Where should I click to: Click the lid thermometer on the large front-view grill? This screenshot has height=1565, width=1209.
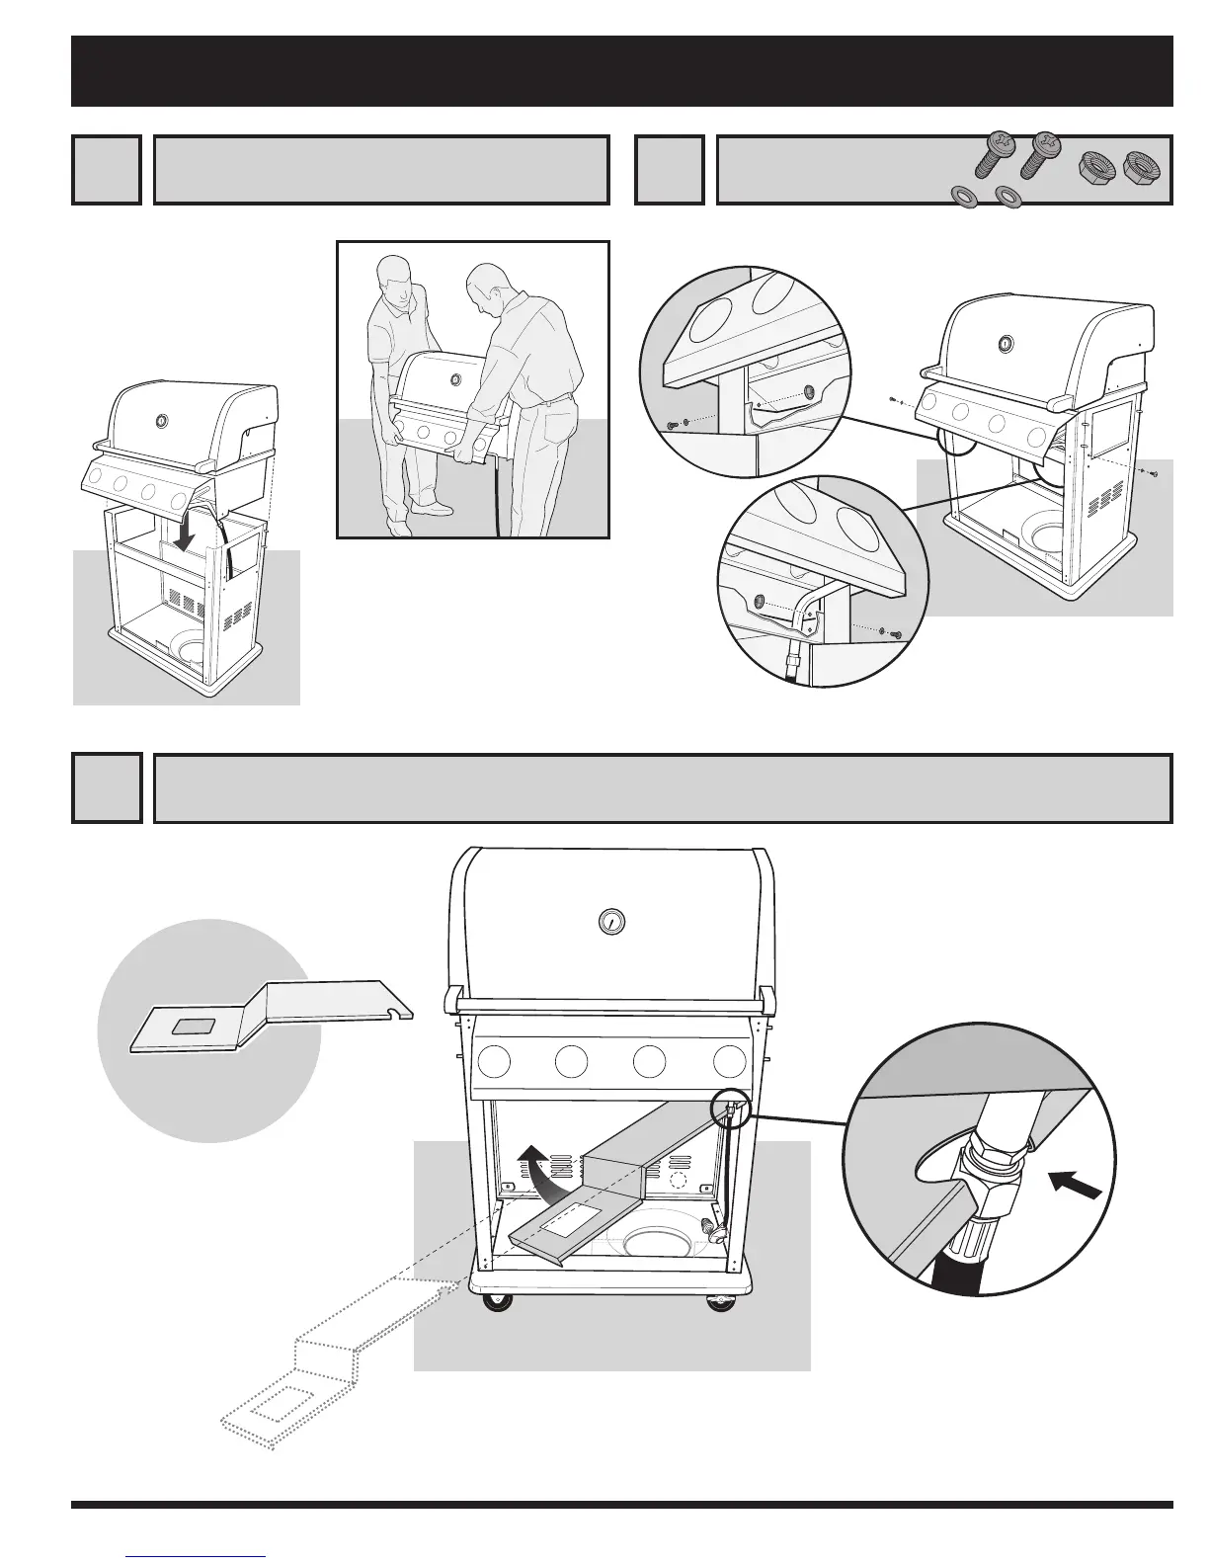(612, 921)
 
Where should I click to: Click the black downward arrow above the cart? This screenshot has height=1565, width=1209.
(184, 531)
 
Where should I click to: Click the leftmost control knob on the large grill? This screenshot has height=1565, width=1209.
(494, 1061)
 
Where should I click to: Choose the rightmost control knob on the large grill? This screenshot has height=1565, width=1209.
(729, 1061)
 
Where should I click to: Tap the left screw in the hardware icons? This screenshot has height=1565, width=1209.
(993, 157)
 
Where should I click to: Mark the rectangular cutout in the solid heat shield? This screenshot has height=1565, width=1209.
(200, 1028)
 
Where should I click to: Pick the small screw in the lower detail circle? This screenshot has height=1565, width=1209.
(894, 633)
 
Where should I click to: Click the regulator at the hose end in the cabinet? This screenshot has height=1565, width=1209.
(708, 1228)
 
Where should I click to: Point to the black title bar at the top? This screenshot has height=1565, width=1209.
(622, 71)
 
